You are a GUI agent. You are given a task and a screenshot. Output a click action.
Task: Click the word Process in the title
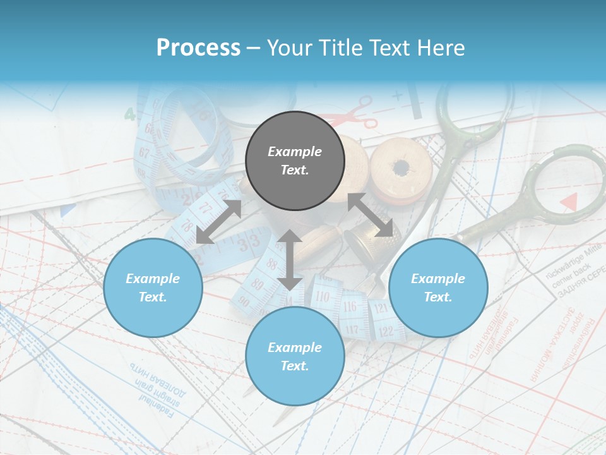[198, 48]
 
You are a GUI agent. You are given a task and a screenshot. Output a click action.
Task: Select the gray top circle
[295, 161]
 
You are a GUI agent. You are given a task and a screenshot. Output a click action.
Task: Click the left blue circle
[153, 288]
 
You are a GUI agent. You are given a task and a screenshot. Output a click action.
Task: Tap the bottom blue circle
[295, 356]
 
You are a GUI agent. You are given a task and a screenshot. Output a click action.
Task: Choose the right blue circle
[438, 288]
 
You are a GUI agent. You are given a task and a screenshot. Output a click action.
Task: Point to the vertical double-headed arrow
[290, 260]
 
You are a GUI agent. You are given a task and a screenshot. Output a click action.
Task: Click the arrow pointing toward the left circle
[218, 222]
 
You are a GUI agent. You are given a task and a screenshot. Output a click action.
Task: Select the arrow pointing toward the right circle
[371, 215]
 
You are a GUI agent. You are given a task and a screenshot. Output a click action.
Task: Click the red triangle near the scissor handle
[569, 202]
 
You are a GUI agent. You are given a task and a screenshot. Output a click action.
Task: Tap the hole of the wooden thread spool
[400, 168]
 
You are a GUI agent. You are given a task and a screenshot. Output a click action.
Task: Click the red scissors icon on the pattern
[357, 113]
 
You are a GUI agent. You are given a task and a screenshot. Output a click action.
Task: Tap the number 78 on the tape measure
[187, 224]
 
